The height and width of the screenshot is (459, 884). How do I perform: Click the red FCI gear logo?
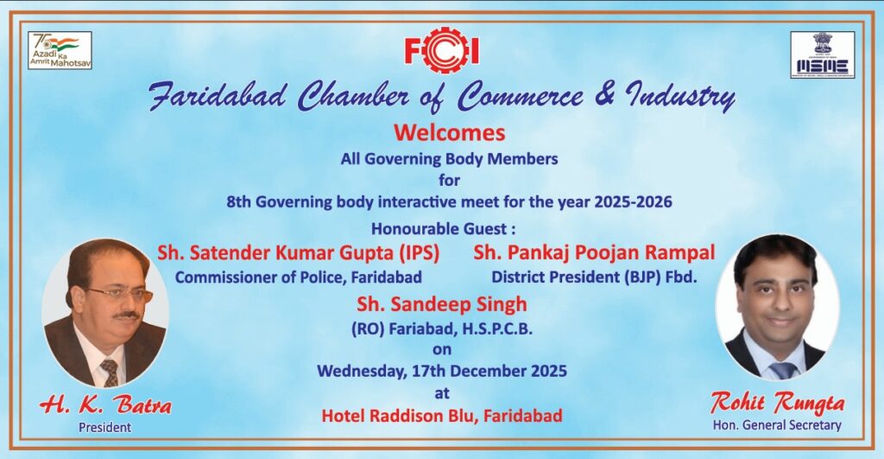pos(441,50)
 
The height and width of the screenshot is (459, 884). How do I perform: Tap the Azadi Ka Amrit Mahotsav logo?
pos(60,50)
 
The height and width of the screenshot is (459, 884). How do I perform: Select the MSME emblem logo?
pos(822,54)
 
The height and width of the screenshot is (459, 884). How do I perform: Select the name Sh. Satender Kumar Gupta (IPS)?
pos(298,253)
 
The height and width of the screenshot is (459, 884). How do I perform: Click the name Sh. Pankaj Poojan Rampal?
pos(594,252)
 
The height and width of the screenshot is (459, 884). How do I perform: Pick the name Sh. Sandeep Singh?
pos(442,305)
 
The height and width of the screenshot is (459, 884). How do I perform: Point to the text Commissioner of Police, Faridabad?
pos(298,277)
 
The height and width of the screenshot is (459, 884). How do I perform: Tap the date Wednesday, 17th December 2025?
pos(442,371)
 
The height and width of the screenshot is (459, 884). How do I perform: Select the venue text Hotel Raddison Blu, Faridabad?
pos(442,416)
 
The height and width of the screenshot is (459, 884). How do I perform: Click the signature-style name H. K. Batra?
pos(105,405)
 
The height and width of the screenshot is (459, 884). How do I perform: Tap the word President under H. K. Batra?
pos(104,427)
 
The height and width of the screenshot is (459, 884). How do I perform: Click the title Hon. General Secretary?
pos(777,425)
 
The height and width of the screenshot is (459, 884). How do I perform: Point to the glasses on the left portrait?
pos(119,294)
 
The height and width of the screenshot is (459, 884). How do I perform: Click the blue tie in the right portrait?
pos(784,370)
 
